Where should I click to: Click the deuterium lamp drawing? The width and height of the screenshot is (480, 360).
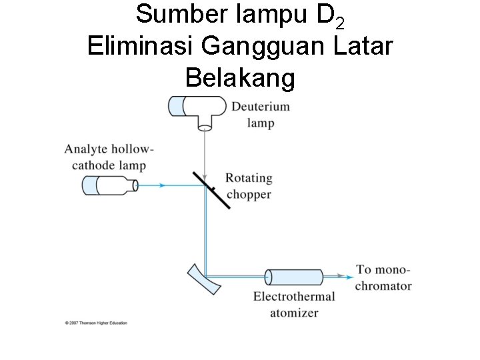(x=198, y=109)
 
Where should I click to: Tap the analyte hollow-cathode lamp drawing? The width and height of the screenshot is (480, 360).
(x=110, y=185)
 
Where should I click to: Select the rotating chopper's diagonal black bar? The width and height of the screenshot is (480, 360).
(x=211, y=190)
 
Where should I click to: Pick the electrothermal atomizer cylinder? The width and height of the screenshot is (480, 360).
(x=294, y=276)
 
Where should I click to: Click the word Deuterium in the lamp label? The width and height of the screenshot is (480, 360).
(x=261, y=107)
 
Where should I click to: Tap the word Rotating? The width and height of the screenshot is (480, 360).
(x=249, y=179)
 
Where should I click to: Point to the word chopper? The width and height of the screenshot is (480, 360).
(x=249, y=195)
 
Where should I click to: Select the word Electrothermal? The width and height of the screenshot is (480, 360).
(x=294, y=297)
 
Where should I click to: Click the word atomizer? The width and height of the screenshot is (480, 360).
(x=294, y=313)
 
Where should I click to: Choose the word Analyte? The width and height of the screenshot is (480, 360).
(x=89, y=149)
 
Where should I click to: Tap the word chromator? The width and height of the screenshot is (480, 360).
(x=383, y=286)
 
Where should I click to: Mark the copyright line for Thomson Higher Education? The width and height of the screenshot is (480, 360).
(x=96, y=323)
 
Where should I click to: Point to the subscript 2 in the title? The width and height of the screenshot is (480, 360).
(x=341, y=24)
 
